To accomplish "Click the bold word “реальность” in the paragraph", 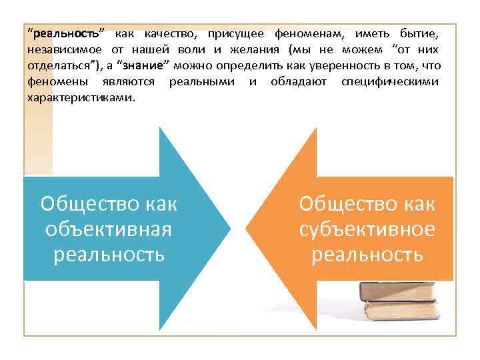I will click(x=65, y=33).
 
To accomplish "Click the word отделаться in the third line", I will click(x=56, y=65).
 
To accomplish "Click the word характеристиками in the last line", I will click(x=80, y=97).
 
